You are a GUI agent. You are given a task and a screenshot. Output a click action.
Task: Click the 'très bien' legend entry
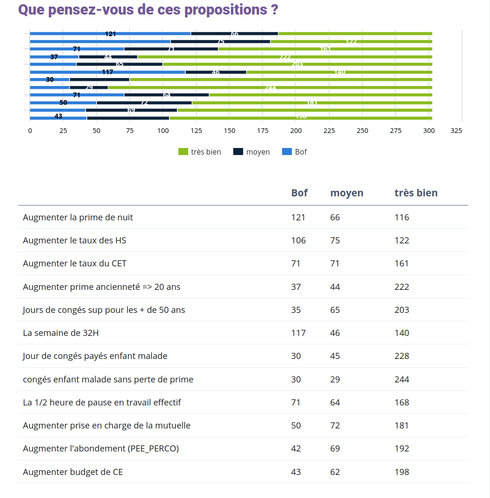click(199, 152)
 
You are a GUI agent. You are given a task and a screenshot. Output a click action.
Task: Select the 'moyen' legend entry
click(252, 152)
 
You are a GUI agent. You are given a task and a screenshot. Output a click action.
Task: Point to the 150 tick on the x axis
click(229, 131)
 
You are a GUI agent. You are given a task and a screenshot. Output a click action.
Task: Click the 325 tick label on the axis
click(456, 131)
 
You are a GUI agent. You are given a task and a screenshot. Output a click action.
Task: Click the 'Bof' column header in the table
click(299, 193)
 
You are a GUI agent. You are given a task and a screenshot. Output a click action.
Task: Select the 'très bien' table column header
click(416, 193)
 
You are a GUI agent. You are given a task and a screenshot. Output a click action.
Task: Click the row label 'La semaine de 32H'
click(61, 333)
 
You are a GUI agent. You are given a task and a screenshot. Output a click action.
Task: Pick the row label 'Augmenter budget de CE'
click(73, 472)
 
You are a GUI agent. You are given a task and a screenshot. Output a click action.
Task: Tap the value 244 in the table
click(402, 379)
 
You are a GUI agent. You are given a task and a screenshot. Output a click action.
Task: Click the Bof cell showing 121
click(298, 217)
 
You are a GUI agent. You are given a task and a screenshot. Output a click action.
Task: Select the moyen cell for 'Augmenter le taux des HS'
click(335, 241)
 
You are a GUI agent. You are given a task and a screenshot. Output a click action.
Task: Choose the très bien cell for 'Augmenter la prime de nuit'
click(402, 217)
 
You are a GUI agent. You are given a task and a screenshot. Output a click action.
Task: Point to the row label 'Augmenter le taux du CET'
click(75, 264)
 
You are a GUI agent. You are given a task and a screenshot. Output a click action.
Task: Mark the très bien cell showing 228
click(402, 356)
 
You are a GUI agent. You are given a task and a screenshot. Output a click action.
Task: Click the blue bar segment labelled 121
click(110, 34)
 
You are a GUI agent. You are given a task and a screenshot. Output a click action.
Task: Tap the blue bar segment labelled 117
click(107, 72)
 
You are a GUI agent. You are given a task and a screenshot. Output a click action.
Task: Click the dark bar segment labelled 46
click(216, 72)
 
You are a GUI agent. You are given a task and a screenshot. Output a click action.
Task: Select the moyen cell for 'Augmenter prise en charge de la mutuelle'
click(335, 426)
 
